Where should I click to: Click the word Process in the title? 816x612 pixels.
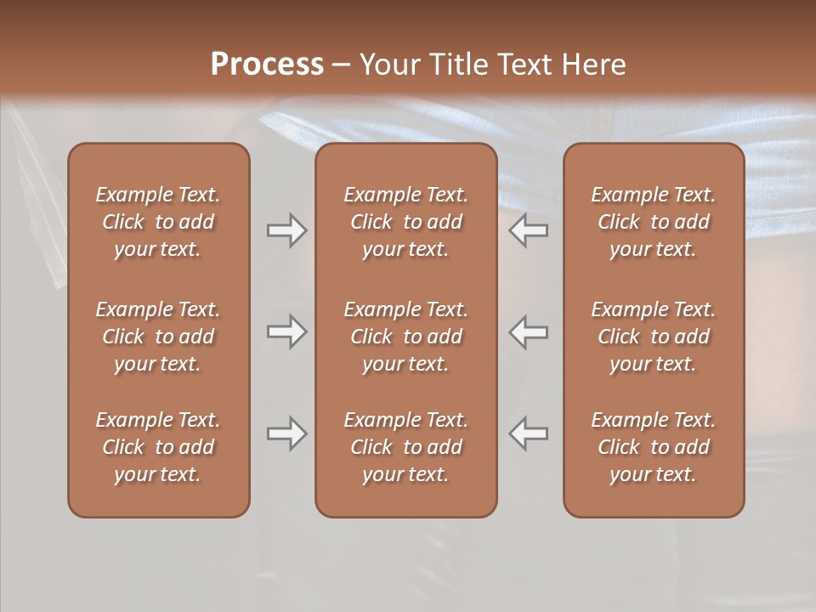point(267,65)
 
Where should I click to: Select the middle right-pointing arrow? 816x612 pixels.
point(286,331)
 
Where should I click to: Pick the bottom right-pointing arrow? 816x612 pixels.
point(286,434)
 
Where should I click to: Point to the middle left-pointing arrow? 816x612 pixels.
point(529,331)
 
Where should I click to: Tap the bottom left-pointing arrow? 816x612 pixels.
point(529,434)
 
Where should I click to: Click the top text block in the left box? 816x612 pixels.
point(158,222)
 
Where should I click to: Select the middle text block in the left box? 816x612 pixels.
point(158,337)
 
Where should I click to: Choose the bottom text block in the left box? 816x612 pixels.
point(158,447)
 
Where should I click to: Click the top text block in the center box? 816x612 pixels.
point(406,222)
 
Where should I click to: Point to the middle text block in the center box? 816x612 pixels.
point(406,337)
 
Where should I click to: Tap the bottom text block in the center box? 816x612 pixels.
point(406,447)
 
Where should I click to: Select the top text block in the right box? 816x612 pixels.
point(654,222)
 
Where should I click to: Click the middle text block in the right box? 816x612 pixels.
point(654,337)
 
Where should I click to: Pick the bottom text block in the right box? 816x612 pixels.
point(654,447)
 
